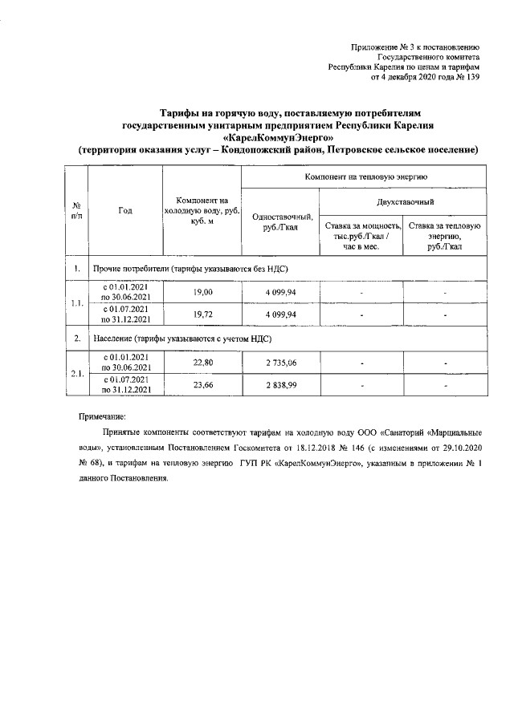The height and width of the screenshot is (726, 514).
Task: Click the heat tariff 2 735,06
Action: pos(281,362)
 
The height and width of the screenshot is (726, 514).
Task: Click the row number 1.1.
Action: pos(75,303)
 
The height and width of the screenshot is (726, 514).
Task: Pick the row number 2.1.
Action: pos(75,373)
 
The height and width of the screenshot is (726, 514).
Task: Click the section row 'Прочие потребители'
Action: pos(191,268)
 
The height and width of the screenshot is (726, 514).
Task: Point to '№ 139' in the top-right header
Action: pos(467,77)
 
